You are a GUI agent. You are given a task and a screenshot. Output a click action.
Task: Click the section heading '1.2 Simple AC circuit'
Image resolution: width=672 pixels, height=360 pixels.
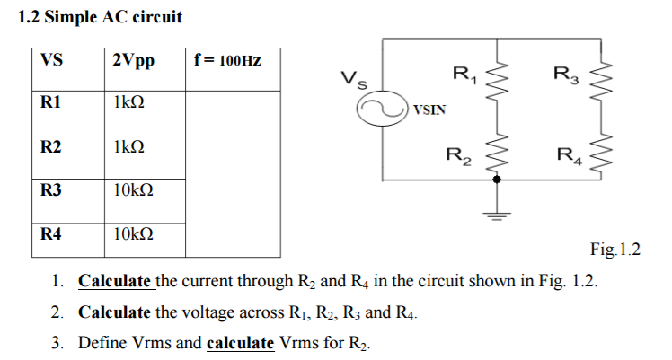[x=100, y=17]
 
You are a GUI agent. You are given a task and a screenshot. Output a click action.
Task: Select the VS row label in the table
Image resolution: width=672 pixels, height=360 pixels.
[x=52, y=61]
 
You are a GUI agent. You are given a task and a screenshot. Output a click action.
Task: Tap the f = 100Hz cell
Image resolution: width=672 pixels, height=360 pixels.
[x=227, y=61]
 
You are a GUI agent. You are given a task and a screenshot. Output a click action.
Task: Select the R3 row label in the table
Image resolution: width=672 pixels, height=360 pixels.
[x=51, y=189]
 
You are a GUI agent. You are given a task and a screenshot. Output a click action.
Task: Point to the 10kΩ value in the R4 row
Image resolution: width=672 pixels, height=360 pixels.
[x=134, y=233]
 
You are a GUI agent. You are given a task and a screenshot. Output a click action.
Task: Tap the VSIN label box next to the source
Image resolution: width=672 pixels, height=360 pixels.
[x=429, y=110]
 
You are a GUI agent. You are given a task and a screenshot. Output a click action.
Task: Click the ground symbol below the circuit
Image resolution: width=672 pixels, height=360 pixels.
[x=497, y=214]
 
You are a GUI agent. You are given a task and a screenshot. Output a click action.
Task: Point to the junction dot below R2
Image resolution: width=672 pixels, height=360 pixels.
[x=497, y=180]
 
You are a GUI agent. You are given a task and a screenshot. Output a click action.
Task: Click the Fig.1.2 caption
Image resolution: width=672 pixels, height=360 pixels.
[x=615, y=249]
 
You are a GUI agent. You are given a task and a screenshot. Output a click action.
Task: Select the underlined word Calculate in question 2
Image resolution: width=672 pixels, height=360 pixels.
[x=114, y=312]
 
